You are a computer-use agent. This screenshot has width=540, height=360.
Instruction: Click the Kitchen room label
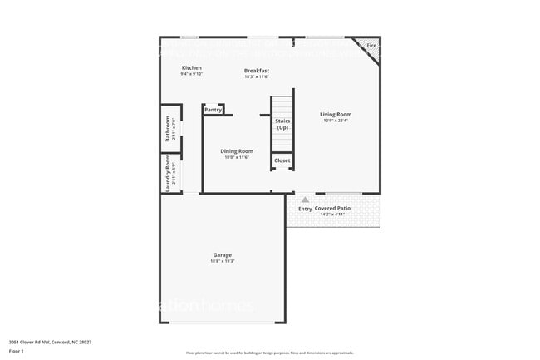pyautogui.click(x=192, y=67)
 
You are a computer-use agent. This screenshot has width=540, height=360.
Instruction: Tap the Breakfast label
pyautogui.click(x=256, y=71)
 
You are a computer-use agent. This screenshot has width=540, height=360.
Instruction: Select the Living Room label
pyautogui.click(x=336, y=115)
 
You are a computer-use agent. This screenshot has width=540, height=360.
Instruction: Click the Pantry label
pyautogui.click(x=213, y=109)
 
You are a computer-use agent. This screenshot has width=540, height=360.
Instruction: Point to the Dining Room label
pyautogui.click(x=237, y=151)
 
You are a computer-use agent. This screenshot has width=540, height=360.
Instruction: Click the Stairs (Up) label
pyautogui.click(x=282, y=124)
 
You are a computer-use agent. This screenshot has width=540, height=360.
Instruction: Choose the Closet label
pyautogui.click(x=282, y=160)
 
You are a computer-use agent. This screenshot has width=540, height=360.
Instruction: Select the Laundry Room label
pyautogui.click(x=167, y=174)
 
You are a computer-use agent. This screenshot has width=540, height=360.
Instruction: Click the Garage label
pyautogui.click(x=222, y=255)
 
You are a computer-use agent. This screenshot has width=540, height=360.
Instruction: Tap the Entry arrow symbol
pyautogui.click(x=305, y=200)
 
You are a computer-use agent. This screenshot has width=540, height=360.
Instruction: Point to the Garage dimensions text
pyautogui.click(x=222, y=261)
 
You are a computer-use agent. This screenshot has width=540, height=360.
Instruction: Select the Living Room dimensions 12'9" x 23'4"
pyautogui.click(x=336, y=121)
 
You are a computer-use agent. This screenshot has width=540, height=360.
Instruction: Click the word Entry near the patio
pyautogui.click(x=305, y=209)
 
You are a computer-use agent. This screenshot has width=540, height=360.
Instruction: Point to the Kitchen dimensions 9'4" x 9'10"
pyautogui.click(x=192, y=74)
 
